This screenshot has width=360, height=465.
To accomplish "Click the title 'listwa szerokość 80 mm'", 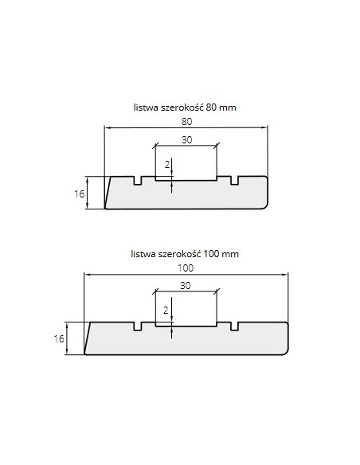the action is (x=185, y=107).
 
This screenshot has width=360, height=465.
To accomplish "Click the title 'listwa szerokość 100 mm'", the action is (x=185, y=254).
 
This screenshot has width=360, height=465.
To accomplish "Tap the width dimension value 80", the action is (x=186, y=122).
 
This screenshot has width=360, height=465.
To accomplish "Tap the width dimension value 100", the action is (x=186, y=268).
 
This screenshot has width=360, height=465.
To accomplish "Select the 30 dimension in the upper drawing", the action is (x=186, y=139).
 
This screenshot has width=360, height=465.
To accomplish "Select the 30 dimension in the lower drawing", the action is (x=186, y=286).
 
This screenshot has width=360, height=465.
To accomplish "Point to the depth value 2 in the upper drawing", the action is (x=167, y=164).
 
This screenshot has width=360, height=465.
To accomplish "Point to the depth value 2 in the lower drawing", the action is (x=166, y=311).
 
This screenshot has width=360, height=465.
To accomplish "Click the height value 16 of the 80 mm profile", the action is (x=79, y=194).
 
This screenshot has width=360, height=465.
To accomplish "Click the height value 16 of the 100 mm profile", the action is (x=59, y=338).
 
